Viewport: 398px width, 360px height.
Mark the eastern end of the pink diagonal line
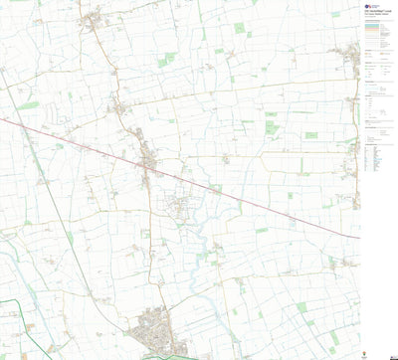[358, 238]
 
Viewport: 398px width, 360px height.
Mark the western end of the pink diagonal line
[1, 119]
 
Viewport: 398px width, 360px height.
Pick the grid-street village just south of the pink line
[179, 207]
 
